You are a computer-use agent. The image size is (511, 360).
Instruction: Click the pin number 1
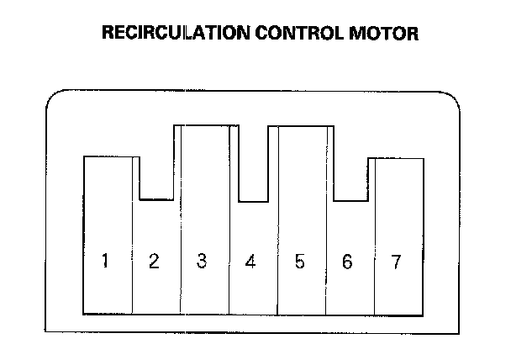pos(105,261)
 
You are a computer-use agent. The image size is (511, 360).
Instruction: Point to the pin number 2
pos(154,262)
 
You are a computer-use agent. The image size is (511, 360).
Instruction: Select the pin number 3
pos(202,261)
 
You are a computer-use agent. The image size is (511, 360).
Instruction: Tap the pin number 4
pos(250,262)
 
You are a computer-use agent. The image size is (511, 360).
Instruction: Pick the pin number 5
pos(299,261)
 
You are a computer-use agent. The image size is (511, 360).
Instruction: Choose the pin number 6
pos(348,262)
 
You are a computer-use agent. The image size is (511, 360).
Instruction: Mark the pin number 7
pos(396,261)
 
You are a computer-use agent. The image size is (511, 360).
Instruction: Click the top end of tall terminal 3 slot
pos(202,127)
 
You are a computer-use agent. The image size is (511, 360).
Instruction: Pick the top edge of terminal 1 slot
pos(108,157)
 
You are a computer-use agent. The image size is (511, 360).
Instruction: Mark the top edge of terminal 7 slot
pos(397,158)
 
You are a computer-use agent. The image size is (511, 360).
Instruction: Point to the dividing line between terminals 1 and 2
pos(133,252)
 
